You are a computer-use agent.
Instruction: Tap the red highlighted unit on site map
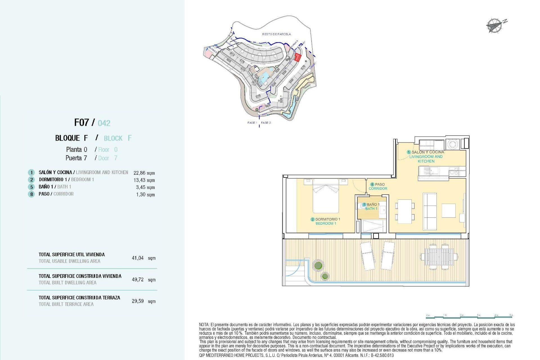[x=297, y=57]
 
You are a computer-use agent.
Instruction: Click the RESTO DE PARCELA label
[x=276, y=34]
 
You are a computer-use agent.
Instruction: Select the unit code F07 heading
[x=82, y=123]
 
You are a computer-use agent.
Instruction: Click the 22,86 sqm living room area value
[x=144, y=173]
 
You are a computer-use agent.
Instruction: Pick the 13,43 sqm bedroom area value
[x=144, y=180]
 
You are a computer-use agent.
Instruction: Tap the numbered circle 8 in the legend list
[x=31, y=194]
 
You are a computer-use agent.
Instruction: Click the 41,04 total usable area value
[x=138, y=258]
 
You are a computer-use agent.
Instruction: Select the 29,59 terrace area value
[x=138, y=301]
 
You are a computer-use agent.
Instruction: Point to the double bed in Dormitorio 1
[x=326, y=196]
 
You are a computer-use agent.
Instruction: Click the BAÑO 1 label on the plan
[x=373, y=204]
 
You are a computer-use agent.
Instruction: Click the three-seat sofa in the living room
[x=430, y=211]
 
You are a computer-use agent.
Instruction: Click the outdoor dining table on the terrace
[x=439, y=257]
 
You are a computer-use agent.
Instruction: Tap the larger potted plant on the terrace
[x=318, y=265]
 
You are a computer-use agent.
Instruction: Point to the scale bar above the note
[x=470, y=317]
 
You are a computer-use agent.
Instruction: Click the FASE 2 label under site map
[x=266, y=123]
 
